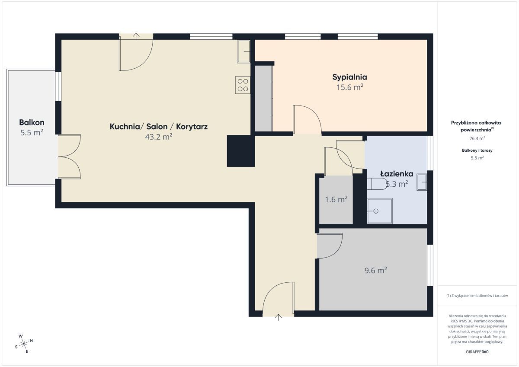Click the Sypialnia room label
[349, 77]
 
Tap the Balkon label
[32, 122]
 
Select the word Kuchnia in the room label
[125, 127]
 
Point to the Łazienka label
[397, 174]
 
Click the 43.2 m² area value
[159, 137]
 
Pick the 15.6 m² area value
[349, 87]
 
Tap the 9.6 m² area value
[375, 270]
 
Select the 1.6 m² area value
[336, 199]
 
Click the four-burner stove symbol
[243, 85]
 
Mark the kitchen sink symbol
[243, 51]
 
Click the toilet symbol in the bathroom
[377, 184]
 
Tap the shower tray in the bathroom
[380, 211]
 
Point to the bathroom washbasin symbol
[422, 182]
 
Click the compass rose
[24, 344]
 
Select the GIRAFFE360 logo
[477, 352]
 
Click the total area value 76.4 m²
[477, 138]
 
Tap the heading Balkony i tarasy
[477, 150]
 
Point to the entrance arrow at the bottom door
[278, 317]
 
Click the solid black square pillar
[241, 151]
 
